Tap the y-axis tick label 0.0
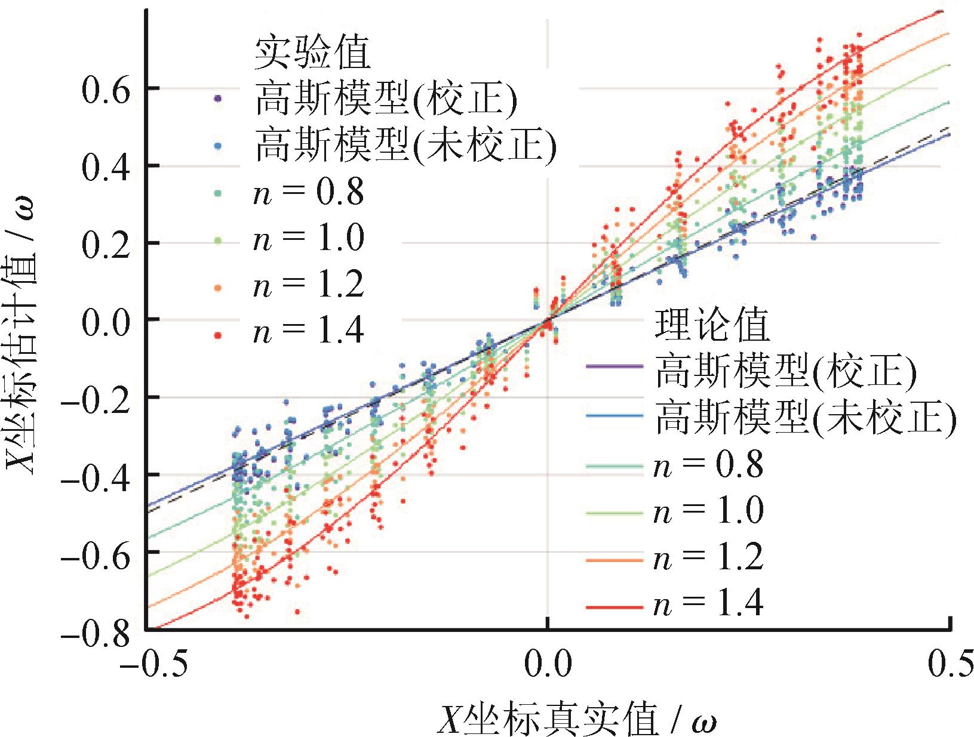[x=105, y=320]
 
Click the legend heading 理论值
[x=712, y=325]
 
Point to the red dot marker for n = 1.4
[x=219, y=335]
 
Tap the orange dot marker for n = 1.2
[x=219, y=288]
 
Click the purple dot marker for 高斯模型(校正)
[x=219, y=99]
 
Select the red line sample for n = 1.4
[x=615, y=607]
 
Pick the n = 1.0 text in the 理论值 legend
[x=708, y=511]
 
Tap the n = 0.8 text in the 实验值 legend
[x=308, y=192]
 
